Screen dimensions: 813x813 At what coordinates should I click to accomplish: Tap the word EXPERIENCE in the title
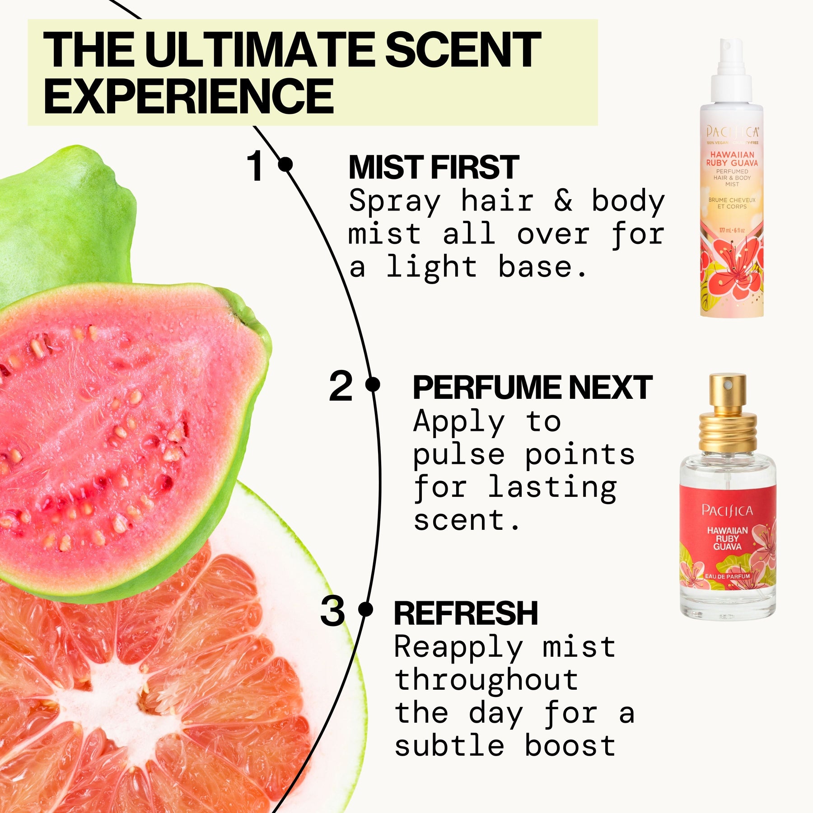pos(188,96)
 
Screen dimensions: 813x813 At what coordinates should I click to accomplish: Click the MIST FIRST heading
pos(434,167)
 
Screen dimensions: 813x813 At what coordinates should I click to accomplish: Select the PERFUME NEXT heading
pos(533,388)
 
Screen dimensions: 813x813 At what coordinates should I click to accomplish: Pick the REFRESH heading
pos(466,613)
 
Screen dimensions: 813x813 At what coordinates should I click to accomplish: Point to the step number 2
pos(341,386)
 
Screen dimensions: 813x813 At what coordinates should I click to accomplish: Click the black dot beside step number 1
pos(285,164)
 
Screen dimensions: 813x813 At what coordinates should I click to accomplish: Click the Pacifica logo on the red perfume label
pos(727,510)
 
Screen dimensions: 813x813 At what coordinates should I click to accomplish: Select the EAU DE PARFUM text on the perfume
pos(727,577)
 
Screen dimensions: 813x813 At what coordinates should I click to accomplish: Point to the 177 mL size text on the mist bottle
pos(732,231)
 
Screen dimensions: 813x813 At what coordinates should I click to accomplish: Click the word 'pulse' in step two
pos(458,455)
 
